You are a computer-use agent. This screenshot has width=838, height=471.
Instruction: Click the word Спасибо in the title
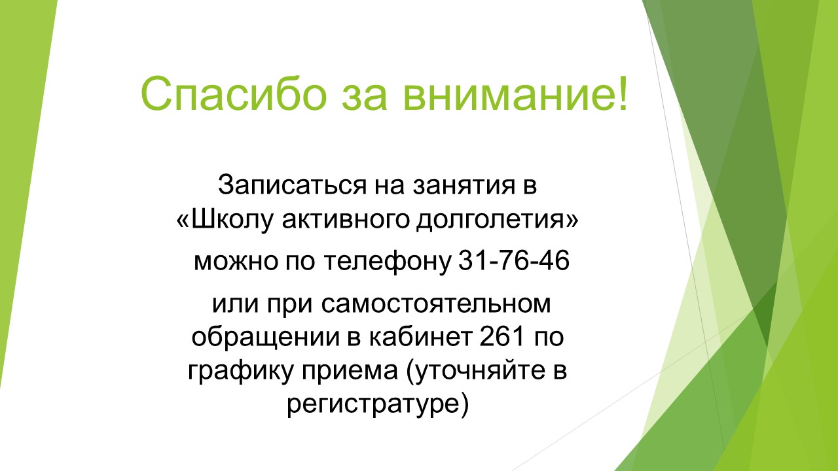234,93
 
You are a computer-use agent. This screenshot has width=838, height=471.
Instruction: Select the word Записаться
292,185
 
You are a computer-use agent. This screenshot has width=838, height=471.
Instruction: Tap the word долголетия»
498,221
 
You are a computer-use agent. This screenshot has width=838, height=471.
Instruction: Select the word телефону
387,262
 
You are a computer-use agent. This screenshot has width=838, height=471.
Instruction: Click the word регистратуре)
378,405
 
